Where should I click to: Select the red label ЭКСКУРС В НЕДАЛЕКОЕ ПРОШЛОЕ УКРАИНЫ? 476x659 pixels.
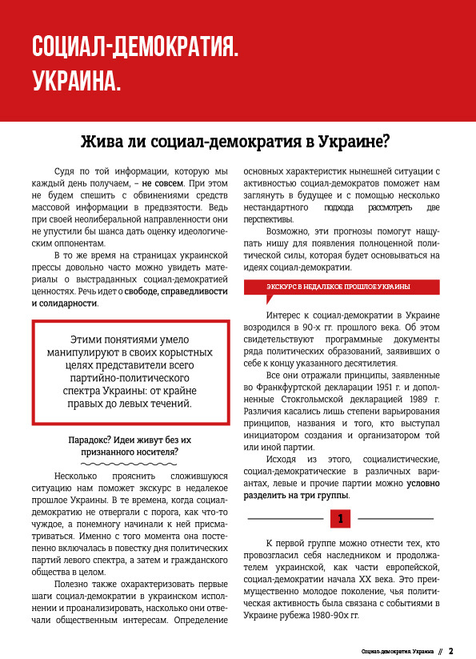click(341, 286)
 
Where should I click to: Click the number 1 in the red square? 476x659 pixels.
click(340, 519)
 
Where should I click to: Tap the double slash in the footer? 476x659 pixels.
click(439, 651)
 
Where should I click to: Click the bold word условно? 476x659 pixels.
click(422, 483)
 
